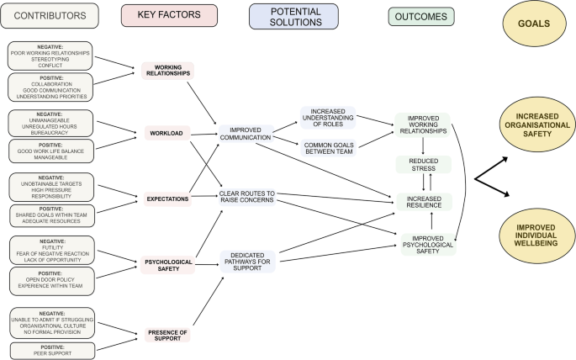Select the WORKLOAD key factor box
pyautogui.click(x=167, y=132)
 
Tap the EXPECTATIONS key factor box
pyautogui.click(x=166, y=199)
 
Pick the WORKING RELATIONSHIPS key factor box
pyautogui.click(x=167, y=71)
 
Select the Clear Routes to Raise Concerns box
pyautogui.click(x=251, y=199)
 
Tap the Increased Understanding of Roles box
pyautogui.click(x=333, y=117)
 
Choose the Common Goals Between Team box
pyautogui.click(x=333, y=147)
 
